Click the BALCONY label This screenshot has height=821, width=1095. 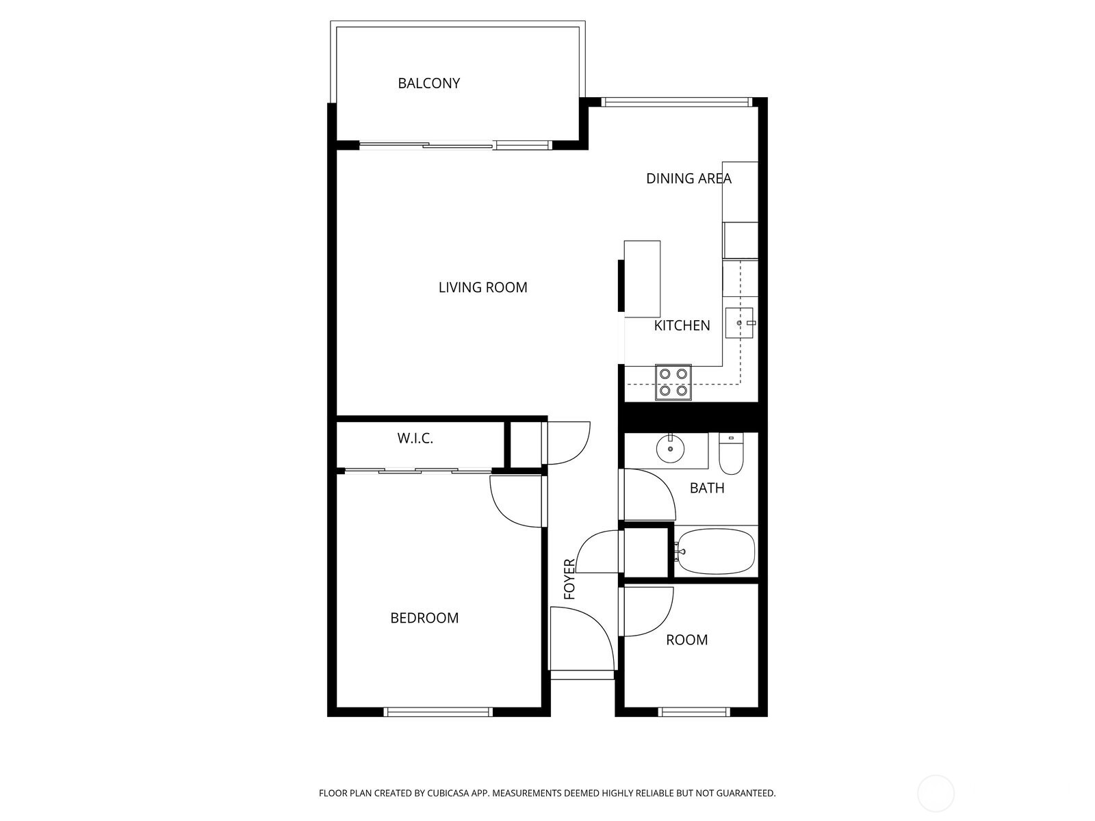[428, 83]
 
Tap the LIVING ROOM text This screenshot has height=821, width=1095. [482, 287]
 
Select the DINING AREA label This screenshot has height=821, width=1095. [688, 179]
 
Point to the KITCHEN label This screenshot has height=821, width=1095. [682, 326]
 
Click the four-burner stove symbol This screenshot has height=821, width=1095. [673, 382]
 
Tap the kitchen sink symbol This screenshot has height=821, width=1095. [739, 323]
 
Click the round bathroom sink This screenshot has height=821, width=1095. [670, 449]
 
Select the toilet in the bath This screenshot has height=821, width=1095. [731, 455]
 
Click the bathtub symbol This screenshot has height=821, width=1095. [714, 552]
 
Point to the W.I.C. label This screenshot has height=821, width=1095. [415, 439]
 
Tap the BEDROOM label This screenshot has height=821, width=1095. [424, 618]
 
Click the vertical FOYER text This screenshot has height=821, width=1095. [569, 579]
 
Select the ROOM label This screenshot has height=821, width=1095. [686, 640]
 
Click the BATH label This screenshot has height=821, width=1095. [706, 488]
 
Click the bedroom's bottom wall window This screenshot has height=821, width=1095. [438, 712]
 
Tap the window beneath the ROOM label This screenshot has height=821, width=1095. [693, 712]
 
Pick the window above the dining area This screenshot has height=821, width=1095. [676, 103]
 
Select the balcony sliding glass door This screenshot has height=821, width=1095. [455, 145]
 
